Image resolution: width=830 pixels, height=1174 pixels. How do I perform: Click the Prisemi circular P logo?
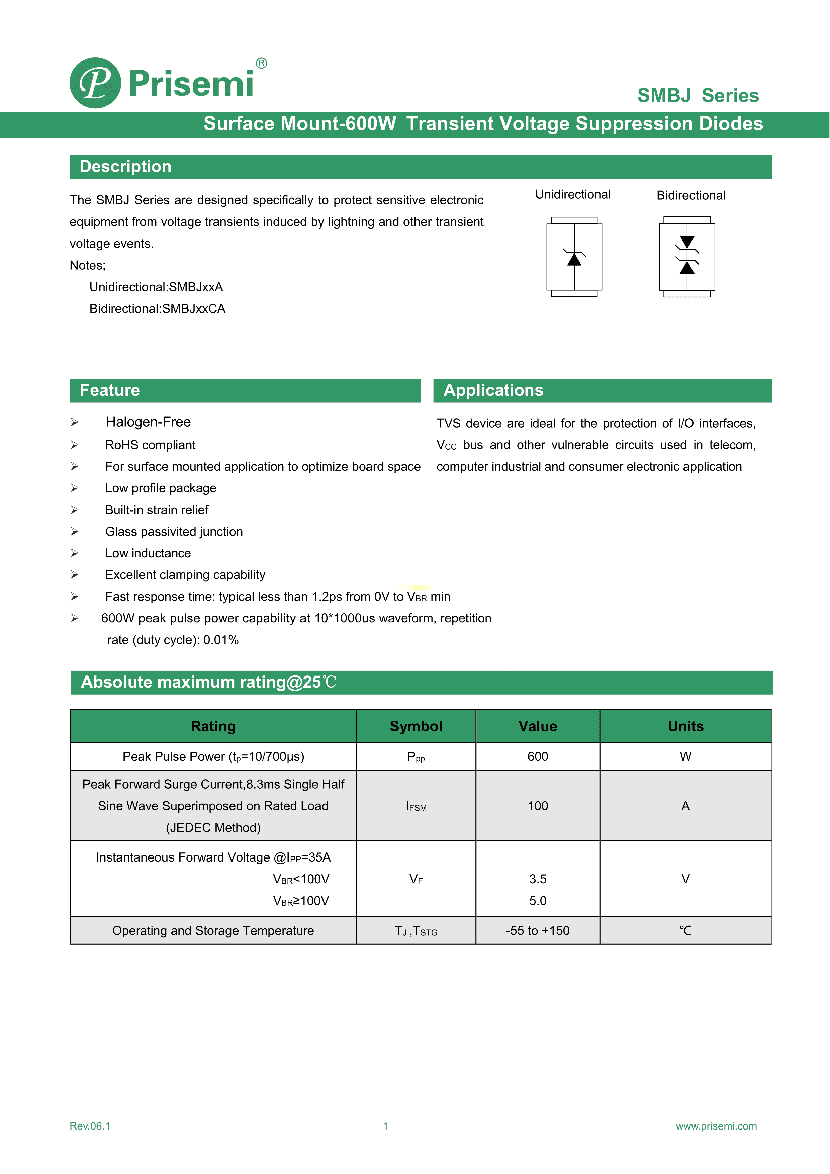point(95,83)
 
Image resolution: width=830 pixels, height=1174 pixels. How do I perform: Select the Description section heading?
point(125,167)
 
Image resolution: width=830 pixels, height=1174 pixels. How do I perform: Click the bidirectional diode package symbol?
point(687,257)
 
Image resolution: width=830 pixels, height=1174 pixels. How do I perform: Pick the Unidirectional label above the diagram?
point(572,195)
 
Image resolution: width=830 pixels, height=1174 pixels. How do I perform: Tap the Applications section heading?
point(493,391)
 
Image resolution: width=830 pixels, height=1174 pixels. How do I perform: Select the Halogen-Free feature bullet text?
point(148,422)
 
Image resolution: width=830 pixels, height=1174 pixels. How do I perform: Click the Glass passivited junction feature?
point(174,532)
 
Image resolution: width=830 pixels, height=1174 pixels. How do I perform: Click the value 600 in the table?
point(538,757)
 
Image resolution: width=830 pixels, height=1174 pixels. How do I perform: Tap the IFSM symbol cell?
point(416,806)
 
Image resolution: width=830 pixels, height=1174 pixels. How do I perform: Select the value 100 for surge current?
point(538,806)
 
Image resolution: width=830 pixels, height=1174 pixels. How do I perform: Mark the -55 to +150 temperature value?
point(538,931)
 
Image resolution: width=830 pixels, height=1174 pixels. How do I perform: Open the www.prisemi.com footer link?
point(716,1126)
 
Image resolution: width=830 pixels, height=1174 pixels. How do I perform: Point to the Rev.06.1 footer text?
point(90,1126)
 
